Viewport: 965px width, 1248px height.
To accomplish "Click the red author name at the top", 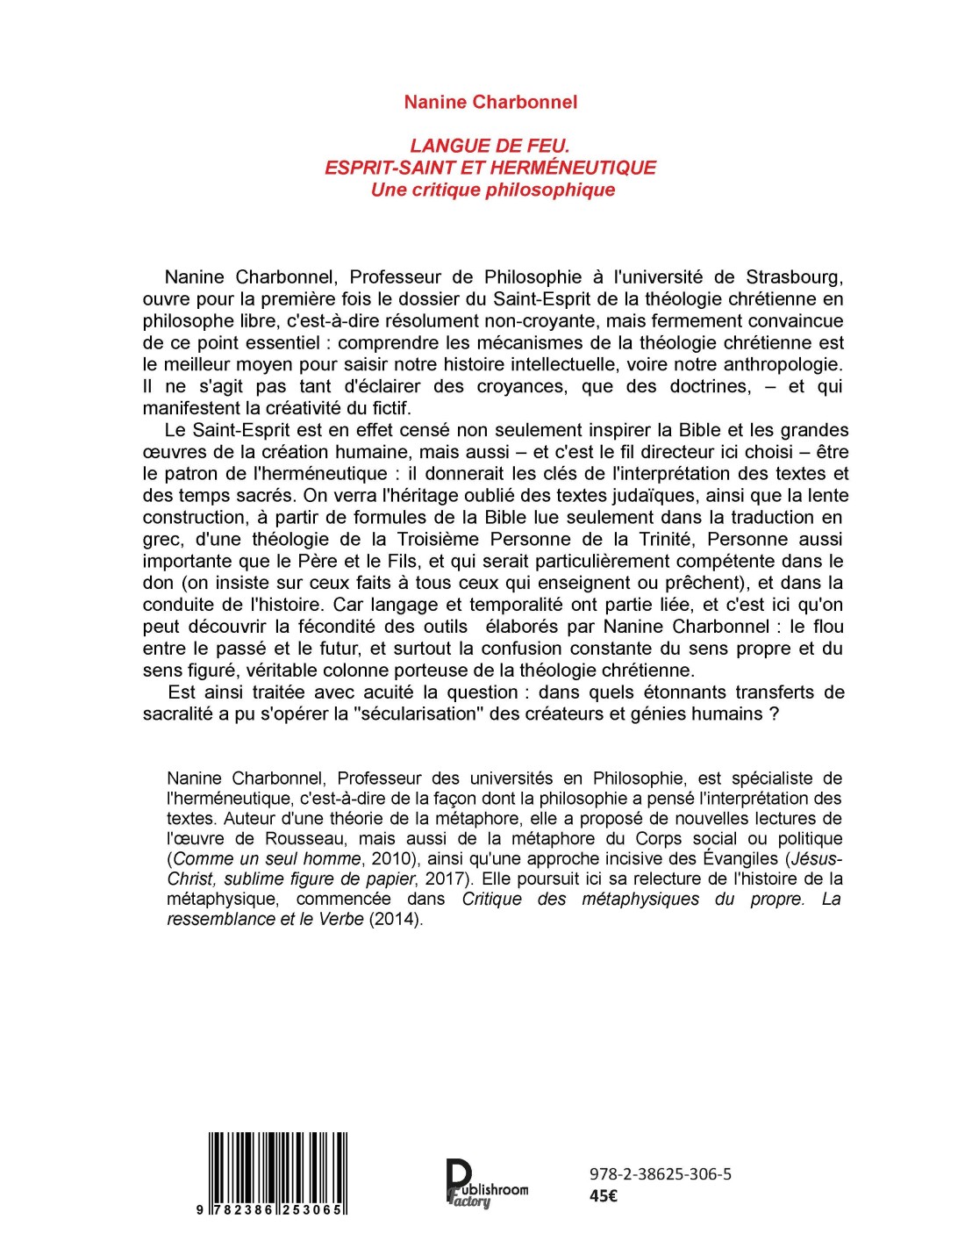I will point(490,102).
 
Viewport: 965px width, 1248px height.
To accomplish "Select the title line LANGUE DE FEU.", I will point(490,146).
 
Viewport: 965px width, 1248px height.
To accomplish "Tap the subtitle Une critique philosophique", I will point(492,190).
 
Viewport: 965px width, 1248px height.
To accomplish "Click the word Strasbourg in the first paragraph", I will point(795,277).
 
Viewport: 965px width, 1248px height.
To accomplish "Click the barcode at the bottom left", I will point(278,1172).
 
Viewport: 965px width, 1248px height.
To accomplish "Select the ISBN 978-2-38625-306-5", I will point(661,1173).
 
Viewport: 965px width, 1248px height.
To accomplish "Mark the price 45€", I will point(604,1195).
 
